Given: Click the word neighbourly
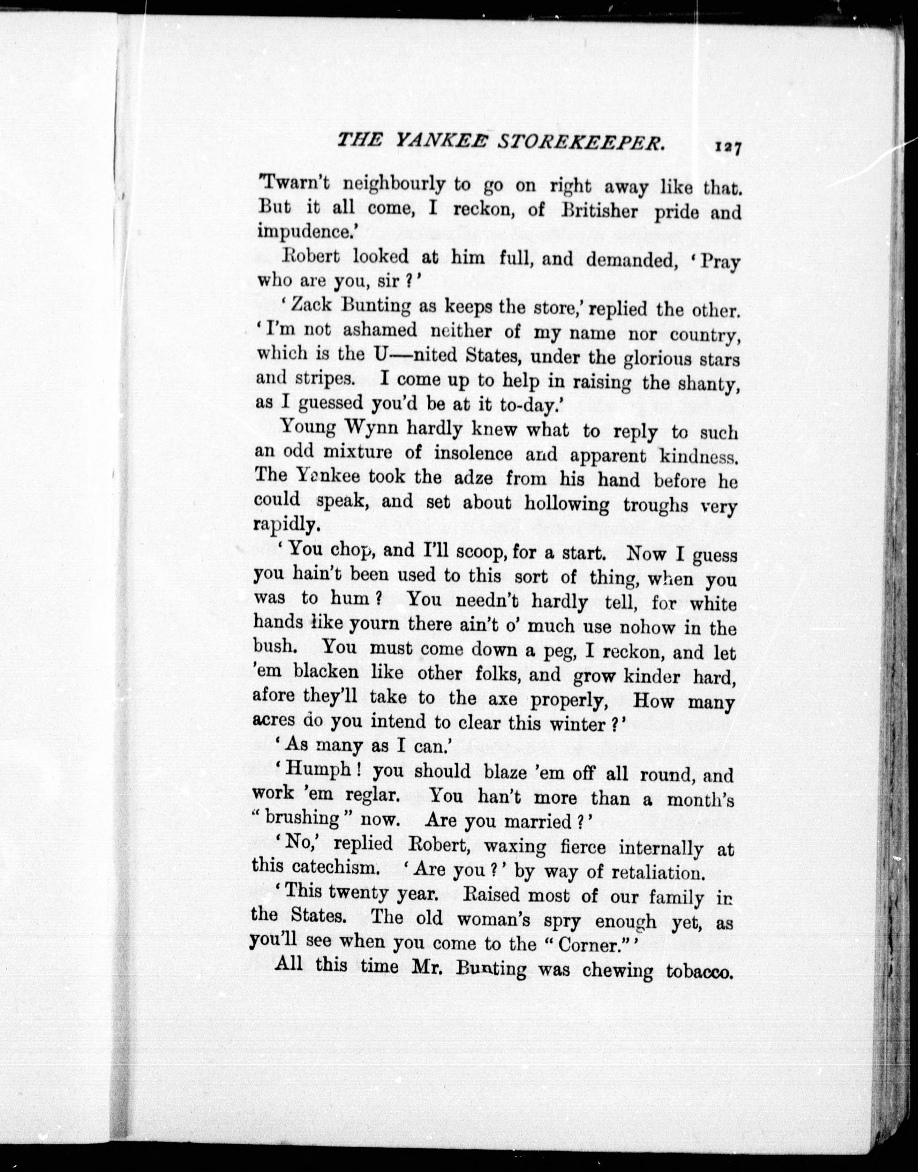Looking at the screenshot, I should click(x=394, y=185).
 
